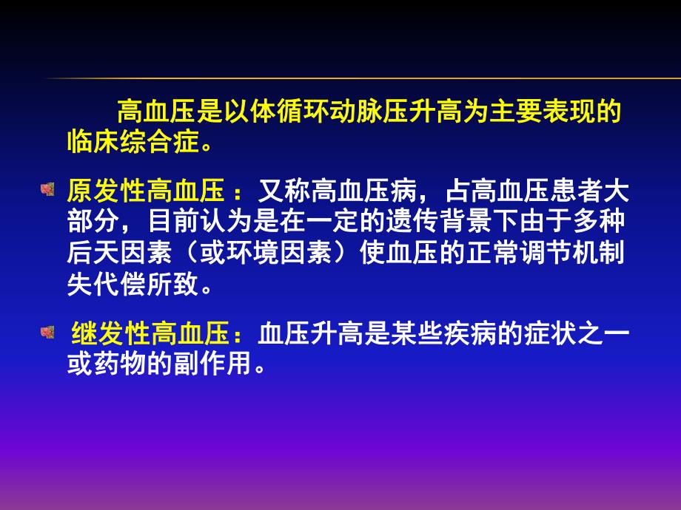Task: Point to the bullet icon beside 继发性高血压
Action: point(47,332)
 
